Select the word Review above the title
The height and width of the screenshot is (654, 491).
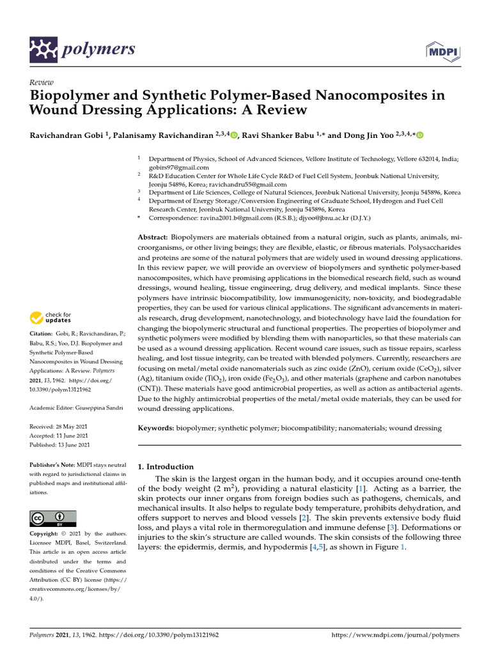pyautogui.click(x=42, y=82)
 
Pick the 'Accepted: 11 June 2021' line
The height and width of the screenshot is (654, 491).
pyautogui.click(x=60, y=436)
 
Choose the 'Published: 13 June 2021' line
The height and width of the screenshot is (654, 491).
pyautogui.click(x=60, y=445)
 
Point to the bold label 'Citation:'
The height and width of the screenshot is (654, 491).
pyautogui.click(x=42, y=334)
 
